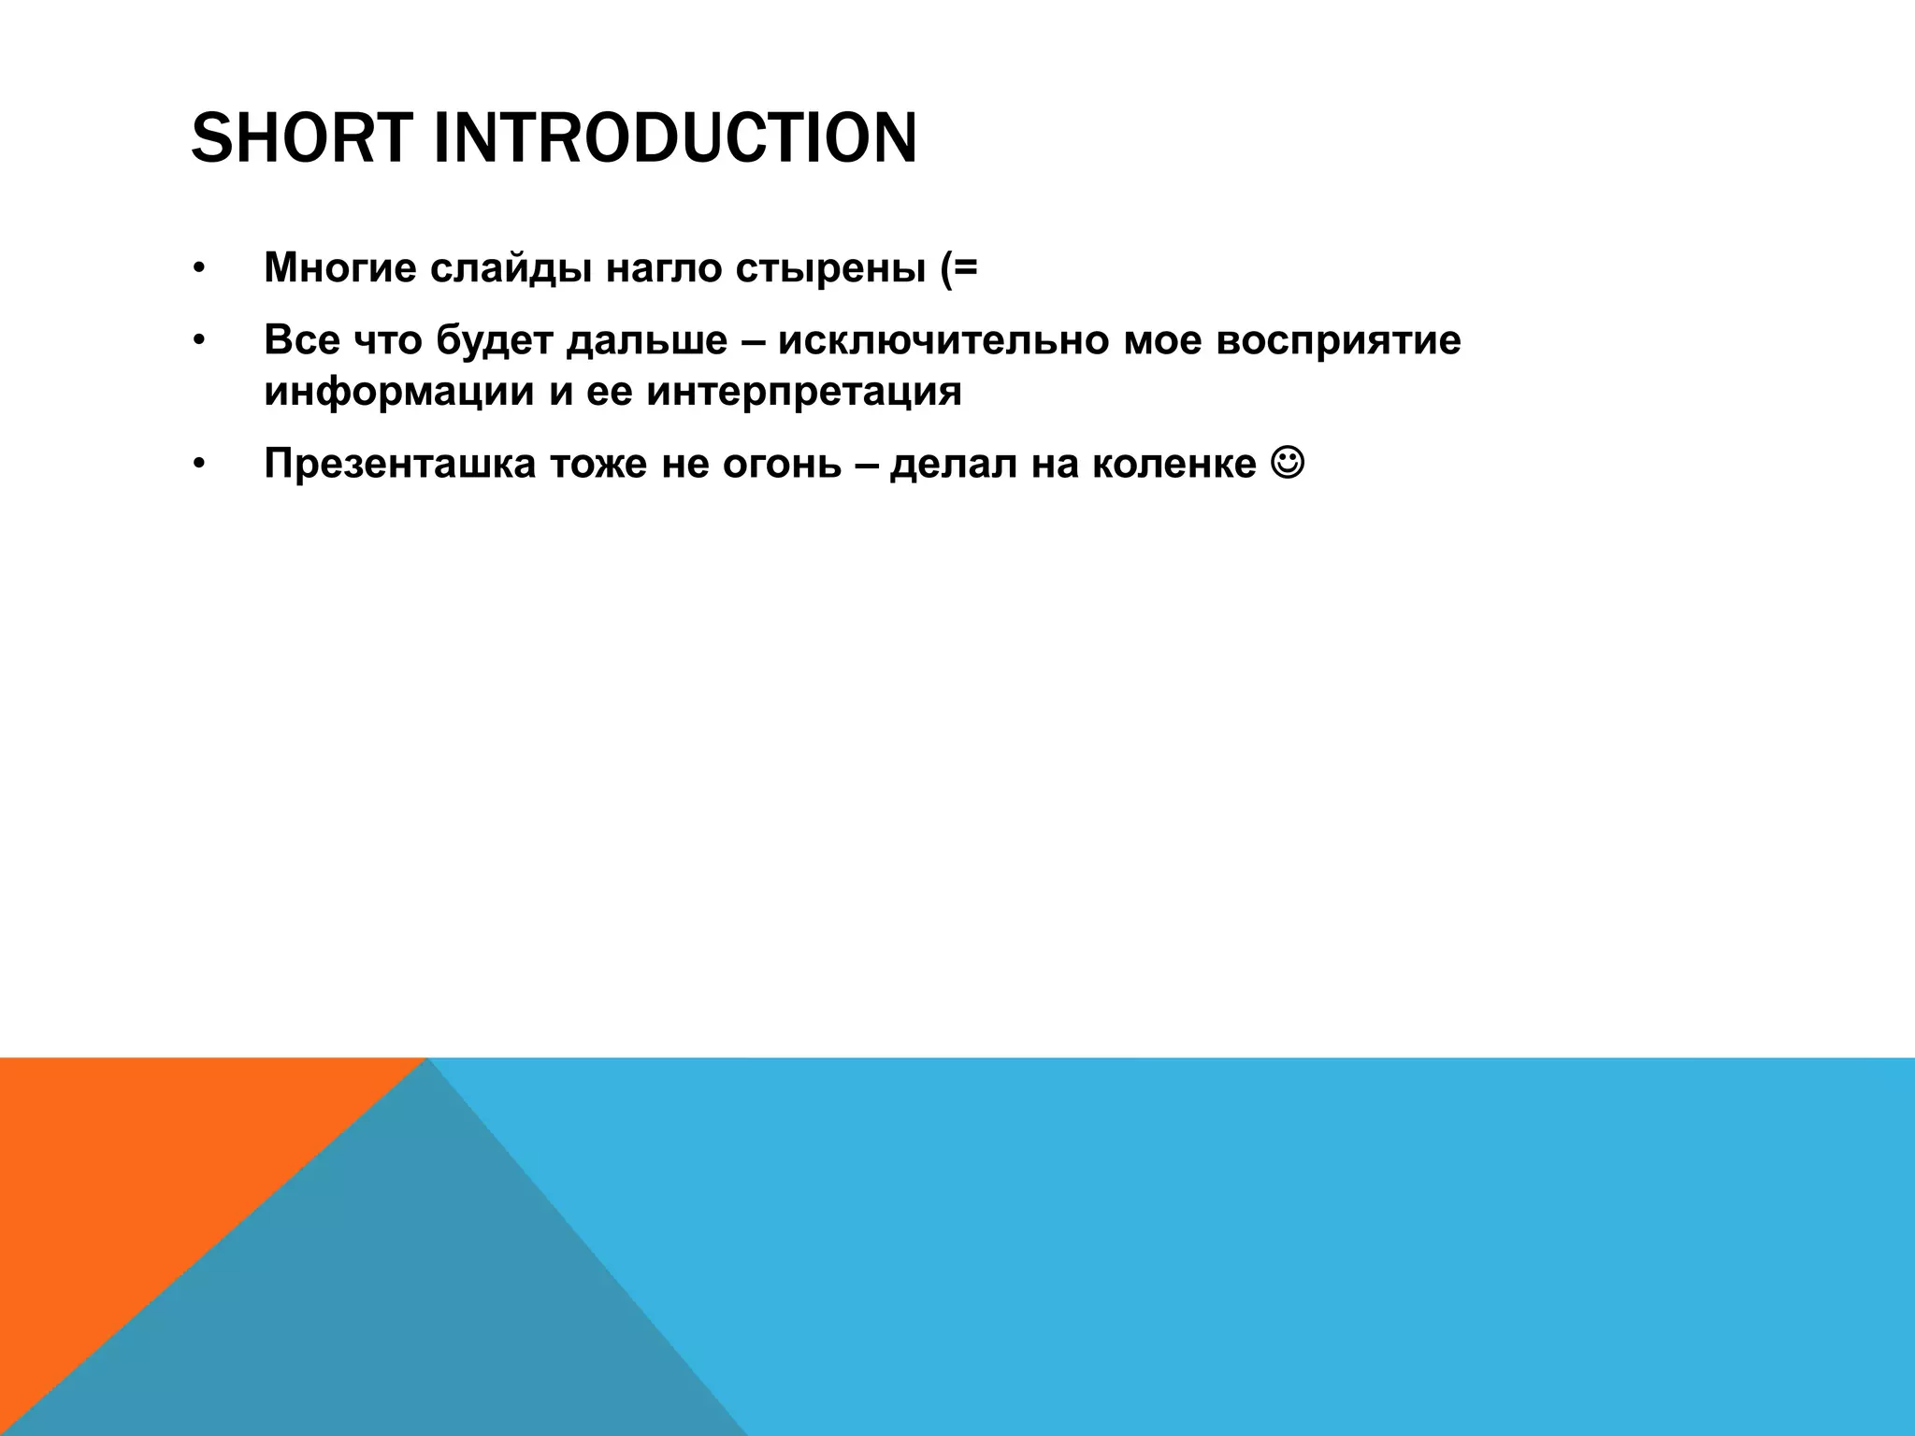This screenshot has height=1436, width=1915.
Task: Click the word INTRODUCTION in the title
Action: pyautogui.click(x=674, y=137)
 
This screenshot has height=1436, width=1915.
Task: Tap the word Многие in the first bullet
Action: pyautogui.click(x=340, y=268)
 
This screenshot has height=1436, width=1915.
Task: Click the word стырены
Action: pyautogui.click(x=826, y=268)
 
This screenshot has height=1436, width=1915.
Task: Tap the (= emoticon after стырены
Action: pyautogui.click(x=953, y=268)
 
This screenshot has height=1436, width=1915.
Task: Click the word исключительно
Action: pyautogui.click(x=943, y=339)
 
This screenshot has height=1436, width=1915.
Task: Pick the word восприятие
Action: pyautogui.click(x=1338, y=339)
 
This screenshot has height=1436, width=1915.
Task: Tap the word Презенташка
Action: pyautogui.click(x=399, y=464)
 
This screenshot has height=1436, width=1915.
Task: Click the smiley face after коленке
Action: pyautogui.click(x=1288, y=462)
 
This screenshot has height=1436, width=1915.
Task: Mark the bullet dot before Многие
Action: pyautogui.click(x=197, y=269)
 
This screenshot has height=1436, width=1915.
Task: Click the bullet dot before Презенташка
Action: pyautogui.click(x=197, y=465)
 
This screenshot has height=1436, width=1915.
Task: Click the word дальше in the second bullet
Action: pyautogui.click(x=646, y=339)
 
